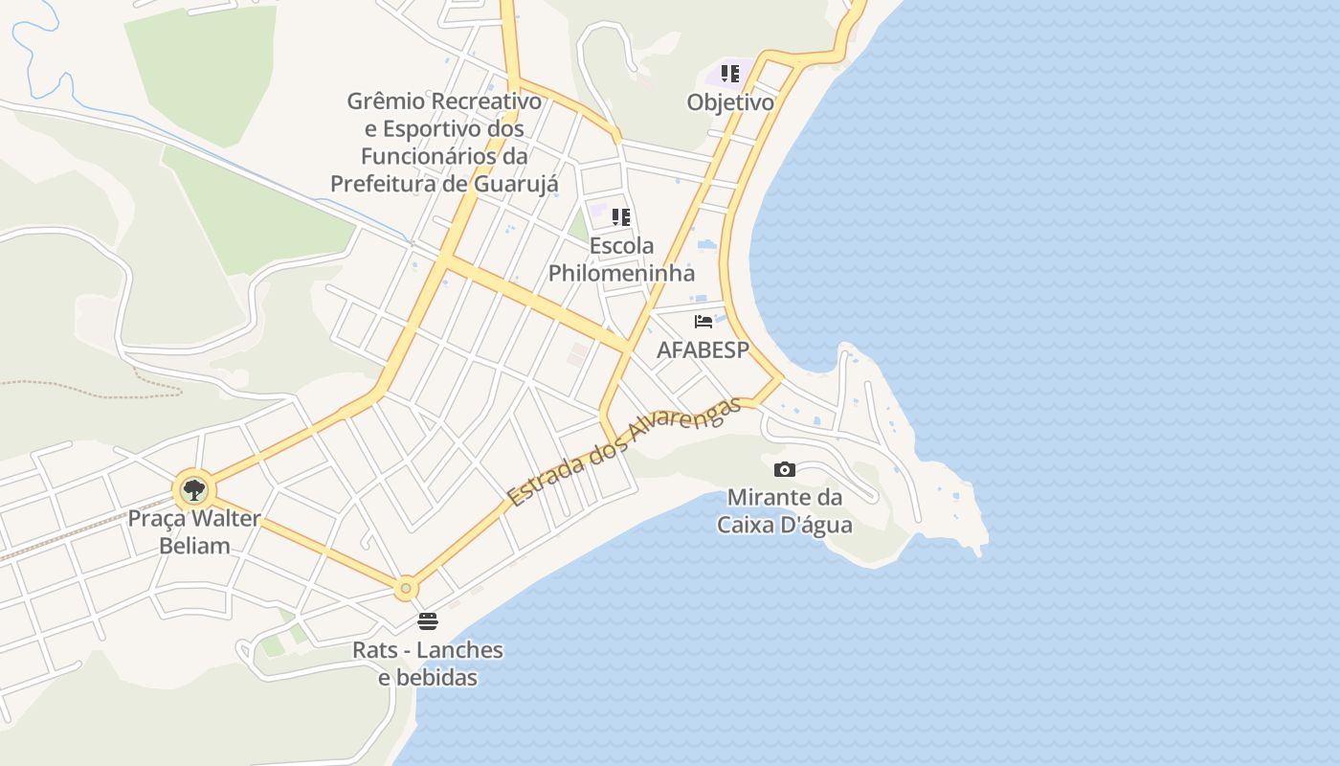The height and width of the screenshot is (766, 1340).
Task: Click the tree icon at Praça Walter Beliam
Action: [x=194, y=490]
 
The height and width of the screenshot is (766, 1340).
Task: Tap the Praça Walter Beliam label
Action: [x=194, y=532]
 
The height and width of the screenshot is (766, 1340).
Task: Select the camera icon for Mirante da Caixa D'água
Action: [x=785, y=469]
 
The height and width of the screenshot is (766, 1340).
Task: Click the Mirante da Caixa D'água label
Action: [x=785, y=511]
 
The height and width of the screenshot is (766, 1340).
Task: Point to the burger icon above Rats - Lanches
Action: [x=428, y=621]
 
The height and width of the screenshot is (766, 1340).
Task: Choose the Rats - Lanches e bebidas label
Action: [x=428, y=664]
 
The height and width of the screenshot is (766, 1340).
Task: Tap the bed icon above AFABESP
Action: [x=703, y=322]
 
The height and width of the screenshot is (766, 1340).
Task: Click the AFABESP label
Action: [x=703, y=349]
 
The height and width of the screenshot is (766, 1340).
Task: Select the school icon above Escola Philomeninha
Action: [x=621, y=217]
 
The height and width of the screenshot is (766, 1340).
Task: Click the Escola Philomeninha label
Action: [x=621, y=259]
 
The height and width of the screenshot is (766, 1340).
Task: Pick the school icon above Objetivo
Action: [x=730, y=74]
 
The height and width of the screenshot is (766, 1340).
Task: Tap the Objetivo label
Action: [x=730, y=101]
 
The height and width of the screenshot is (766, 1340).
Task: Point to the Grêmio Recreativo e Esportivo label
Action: [x=444, y=142]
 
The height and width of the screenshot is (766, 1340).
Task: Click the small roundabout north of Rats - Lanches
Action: [x=406, y=588]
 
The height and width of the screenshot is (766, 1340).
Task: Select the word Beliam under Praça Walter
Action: [x=194, y=547]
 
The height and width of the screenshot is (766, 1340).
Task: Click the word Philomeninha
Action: [x=621, y=273]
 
